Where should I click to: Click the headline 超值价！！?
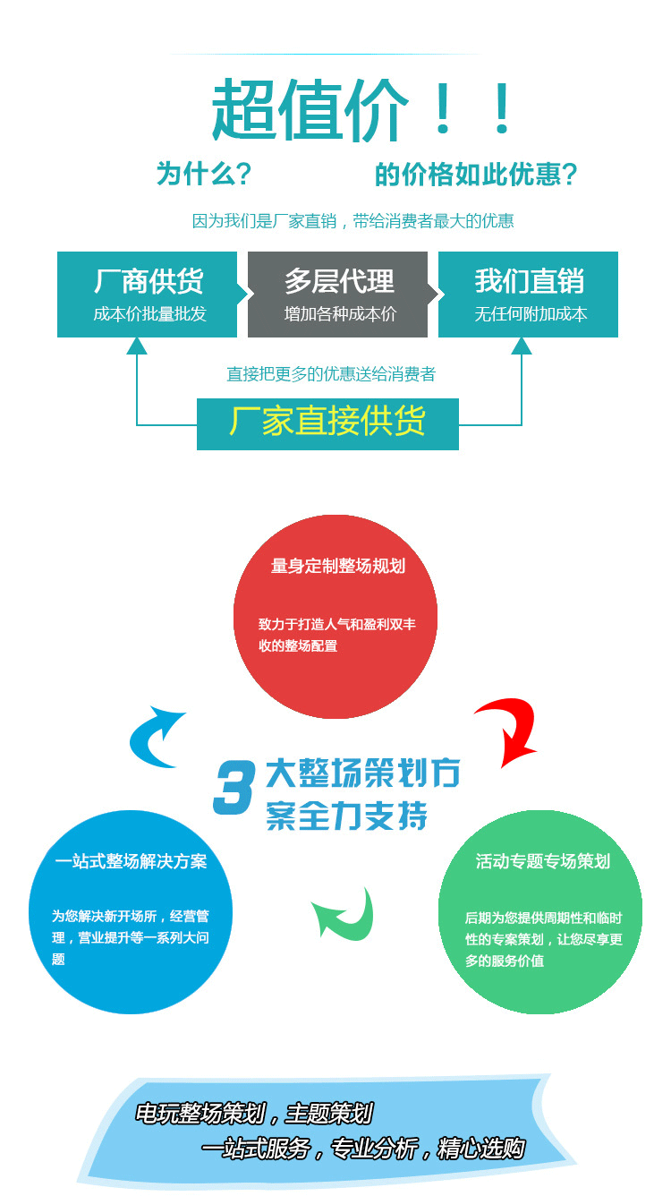pyautogui.click(x=362, y=110)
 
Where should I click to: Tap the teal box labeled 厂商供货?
pyautogui.click(x=147, y=294)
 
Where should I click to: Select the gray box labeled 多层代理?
pyautogui.click(x=338, y=294)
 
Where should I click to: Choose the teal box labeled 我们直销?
pyautogui.click(x=528, y=294)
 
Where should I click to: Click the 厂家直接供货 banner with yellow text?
pyautogui.click(x=327, y=423)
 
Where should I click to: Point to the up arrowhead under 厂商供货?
pyautogui.click(x=137, y=346)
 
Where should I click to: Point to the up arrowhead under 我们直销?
pyautogui.click(x=522, y=346)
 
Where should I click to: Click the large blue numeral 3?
pyautogui.click(x=234, y=788)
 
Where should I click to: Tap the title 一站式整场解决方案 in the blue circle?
pyautogui.click(x=131, y=861)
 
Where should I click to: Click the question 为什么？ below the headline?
pyautogui.click(x=203, y=174)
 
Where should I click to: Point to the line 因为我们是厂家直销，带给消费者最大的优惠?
pyautogui.click(x=352, y=221)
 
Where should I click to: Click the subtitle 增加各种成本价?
pyautogui.click(x=340, y=314)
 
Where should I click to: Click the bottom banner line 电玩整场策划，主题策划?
pyautogui.click(x=253, y=1114)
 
